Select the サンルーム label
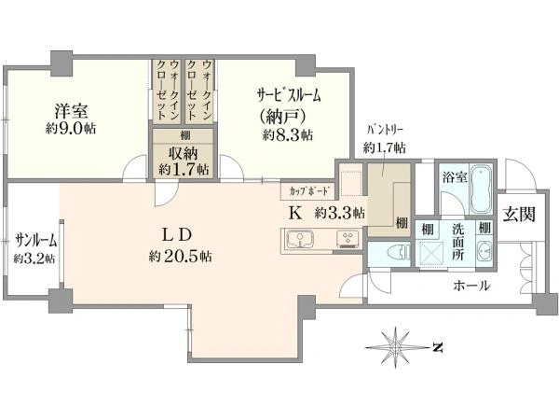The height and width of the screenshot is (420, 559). tap(34, 239)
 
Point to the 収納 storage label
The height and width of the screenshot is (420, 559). tap(183, 153)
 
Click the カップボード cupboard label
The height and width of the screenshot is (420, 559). tap(307, 189)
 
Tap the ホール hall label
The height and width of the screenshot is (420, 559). tap(470, 286)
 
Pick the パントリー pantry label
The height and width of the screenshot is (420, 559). tap(384, 133)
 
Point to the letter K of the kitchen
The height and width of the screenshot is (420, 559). tap(294, 213)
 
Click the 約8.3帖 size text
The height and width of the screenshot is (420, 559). tap(287, 135)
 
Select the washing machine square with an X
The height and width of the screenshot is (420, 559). tap(433, 253)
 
